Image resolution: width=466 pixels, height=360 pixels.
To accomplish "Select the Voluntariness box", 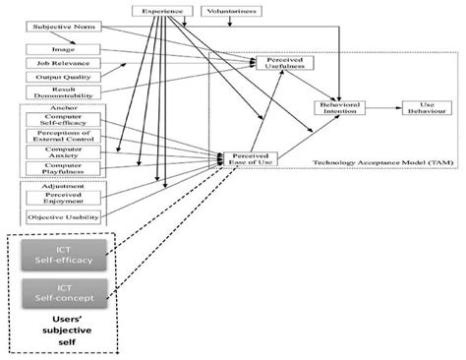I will [230, 11].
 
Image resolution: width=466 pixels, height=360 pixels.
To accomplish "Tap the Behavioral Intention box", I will [341, 108].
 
